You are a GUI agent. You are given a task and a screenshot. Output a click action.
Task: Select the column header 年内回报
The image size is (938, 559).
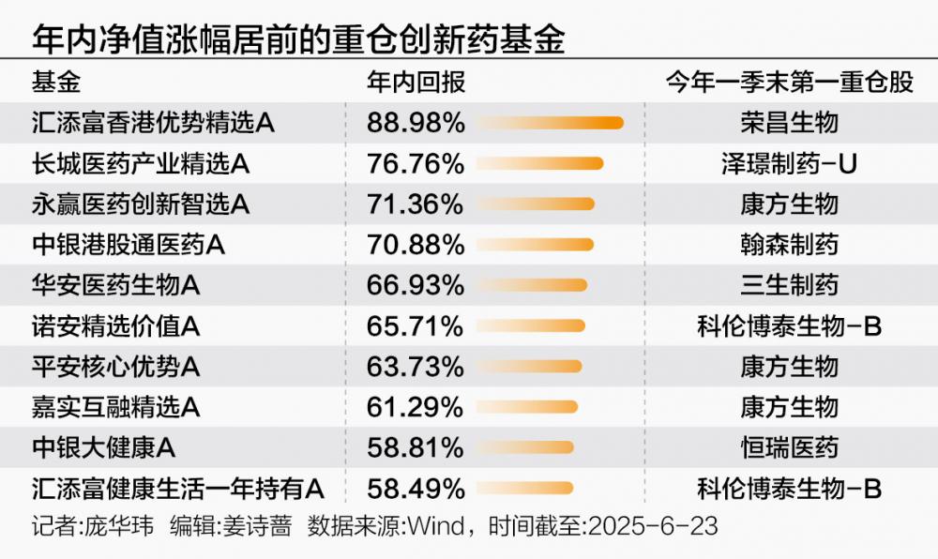(416, 83)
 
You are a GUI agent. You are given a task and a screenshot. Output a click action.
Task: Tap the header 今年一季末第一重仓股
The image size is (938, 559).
(789, 83)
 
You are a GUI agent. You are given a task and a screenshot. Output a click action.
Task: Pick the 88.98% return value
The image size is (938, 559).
(416, 123)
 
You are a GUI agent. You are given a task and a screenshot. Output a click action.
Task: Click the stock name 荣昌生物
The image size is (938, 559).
(789, 123)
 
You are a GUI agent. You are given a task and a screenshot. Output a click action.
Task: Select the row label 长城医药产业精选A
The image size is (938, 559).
(140, 164)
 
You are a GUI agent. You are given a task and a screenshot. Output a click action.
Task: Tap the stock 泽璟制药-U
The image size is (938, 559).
(789, 164)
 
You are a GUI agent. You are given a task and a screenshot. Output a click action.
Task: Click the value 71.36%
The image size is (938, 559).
(416, 204)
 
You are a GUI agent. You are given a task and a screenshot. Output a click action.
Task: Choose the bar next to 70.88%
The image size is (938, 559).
(536, 245)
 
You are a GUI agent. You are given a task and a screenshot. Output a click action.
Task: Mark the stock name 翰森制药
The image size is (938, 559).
(789, 245)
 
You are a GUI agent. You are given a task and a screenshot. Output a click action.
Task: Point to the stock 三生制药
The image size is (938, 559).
(789, 285)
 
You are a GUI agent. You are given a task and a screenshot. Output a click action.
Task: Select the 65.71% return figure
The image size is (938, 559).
(416, 326)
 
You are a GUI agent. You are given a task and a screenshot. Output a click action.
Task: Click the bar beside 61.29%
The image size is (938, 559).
(528, 407)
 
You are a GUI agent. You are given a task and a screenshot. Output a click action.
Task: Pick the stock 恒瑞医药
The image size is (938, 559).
(789, 447)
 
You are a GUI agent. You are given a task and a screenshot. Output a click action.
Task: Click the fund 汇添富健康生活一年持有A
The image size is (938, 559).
(177, 489)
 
